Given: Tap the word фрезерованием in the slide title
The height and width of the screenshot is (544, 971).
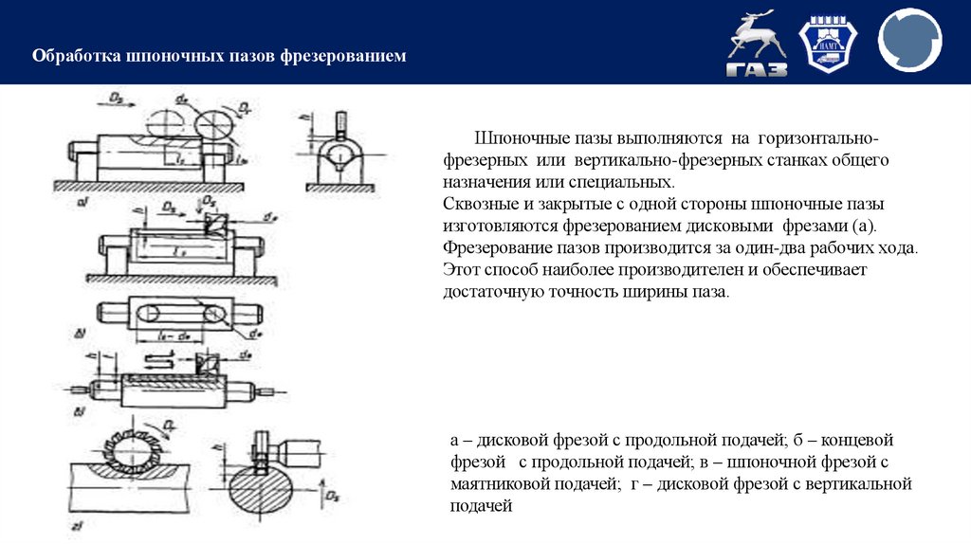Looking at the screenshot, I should [342, 57].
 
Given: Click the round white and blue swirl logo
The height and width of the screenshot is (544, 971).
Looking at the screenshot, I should [909, 42].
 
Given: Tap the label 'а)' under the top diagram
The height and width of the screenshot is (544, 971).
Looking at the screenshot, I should [82, 203].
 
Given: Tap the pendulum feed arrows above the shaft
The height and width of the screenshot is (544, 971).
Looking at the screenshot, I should [158, 360].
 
